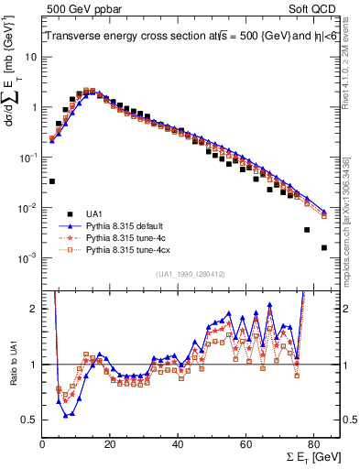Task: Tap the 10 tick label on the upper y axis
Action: [x=30, y=57]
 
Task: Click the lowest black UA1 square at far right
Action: [x=323, y=247]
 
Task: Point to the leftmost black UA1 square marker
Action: [x=52, y=181]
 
